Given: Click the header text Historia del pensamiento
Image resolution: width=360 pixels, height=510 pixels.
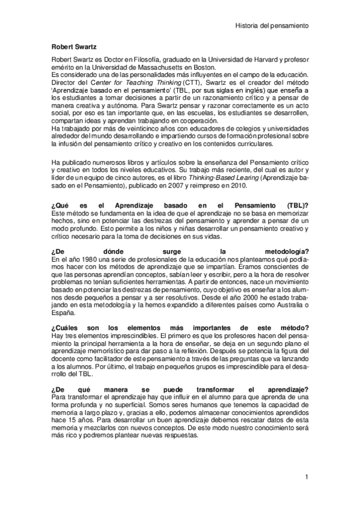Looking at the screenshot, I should point(271,26).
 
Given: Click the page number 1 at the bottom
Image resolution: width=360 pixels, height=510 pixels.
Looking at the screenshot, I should point(306,477).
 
